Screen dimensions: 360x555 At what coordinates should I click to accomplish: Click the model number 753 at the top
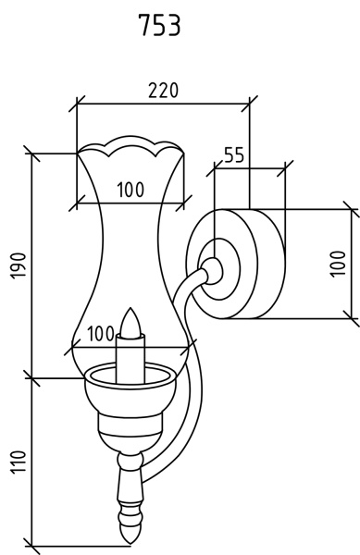(159, 25)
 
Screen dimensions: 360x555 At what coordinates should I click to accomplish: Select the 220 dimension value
(164, 91)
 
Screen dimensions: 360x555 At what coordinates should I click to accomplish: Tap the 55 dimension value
(234, 155)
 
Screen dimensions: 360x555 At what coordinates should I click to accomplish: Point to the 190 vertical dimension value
(19, 265)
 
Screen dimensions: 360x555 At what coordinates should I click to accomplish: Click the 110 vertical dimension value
(19, 462)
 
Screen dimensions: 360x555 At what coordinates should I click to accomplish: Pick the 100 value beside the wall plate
(338, 264)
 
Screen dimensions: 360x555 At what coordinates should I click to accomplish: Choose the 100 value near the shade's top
(130, 190)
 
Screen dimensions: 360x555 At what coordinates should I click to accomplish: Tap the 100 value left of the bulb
(101, 333)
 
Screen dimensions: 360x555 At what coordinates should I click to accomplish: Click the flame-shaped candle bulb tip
(130, 321)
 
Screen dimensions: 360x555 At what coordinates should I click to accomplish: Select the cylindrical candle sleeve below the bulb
(130, 358)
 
